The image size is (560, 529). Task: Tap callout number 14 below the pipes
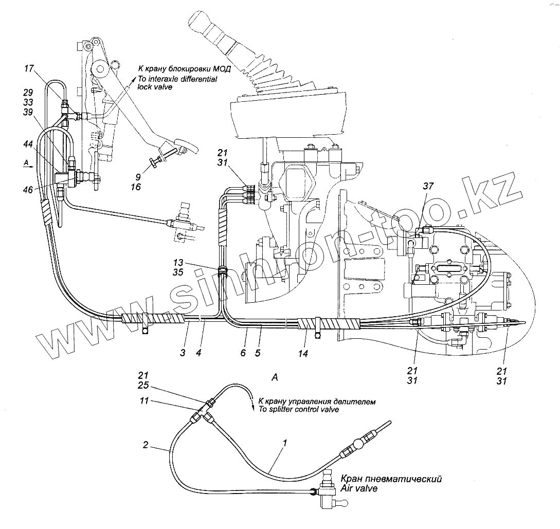(303, 354)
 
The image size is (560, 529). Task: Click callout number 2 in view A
(146, 445)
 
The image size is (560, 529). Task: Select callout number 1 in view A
(284, 442)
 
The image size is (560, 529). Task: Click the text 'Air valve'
(358, 488)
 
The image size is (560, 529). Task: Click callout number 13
(178, 262)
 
